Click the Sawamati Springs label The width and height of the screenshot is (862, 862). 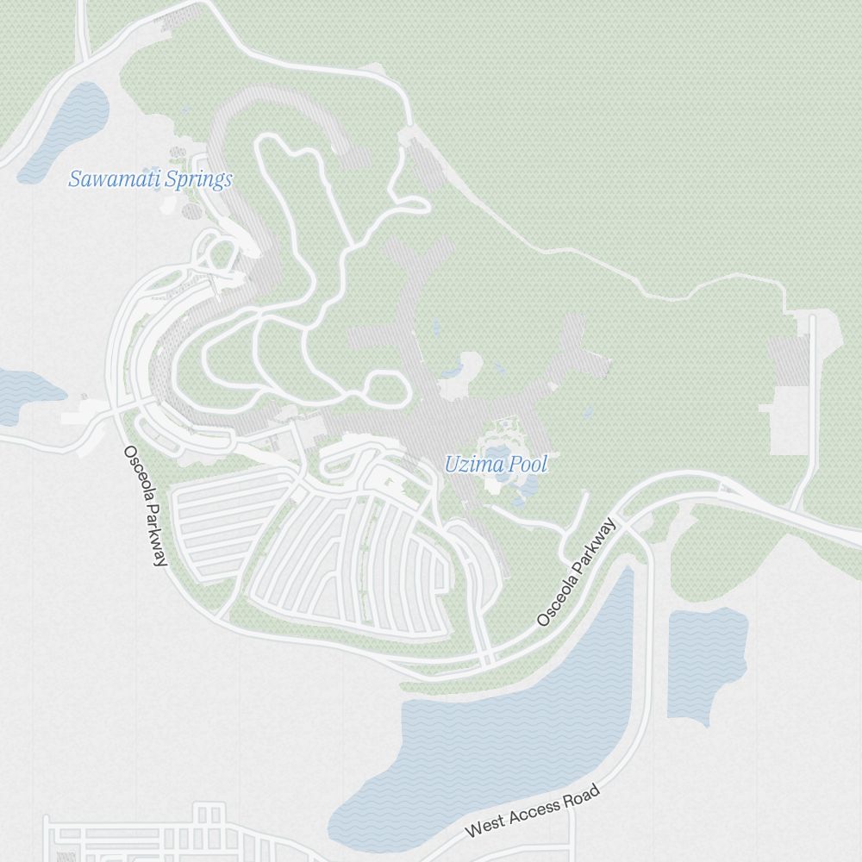[x=150, y=179]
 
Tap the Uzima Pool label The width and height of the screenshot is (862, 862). [x=496, y=465]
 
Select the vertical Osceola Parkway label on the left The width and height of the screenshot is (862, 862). [x=144, y=506]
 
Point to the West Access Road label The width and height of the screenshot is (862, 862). [x=532, y=812]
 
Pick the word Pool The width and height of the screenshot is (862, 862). [x=528, y=465]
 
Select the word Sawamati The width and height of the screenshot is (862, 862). [x=109, y=179]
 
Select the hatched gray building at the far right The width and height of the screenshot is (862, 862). [x=789, y=362]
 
